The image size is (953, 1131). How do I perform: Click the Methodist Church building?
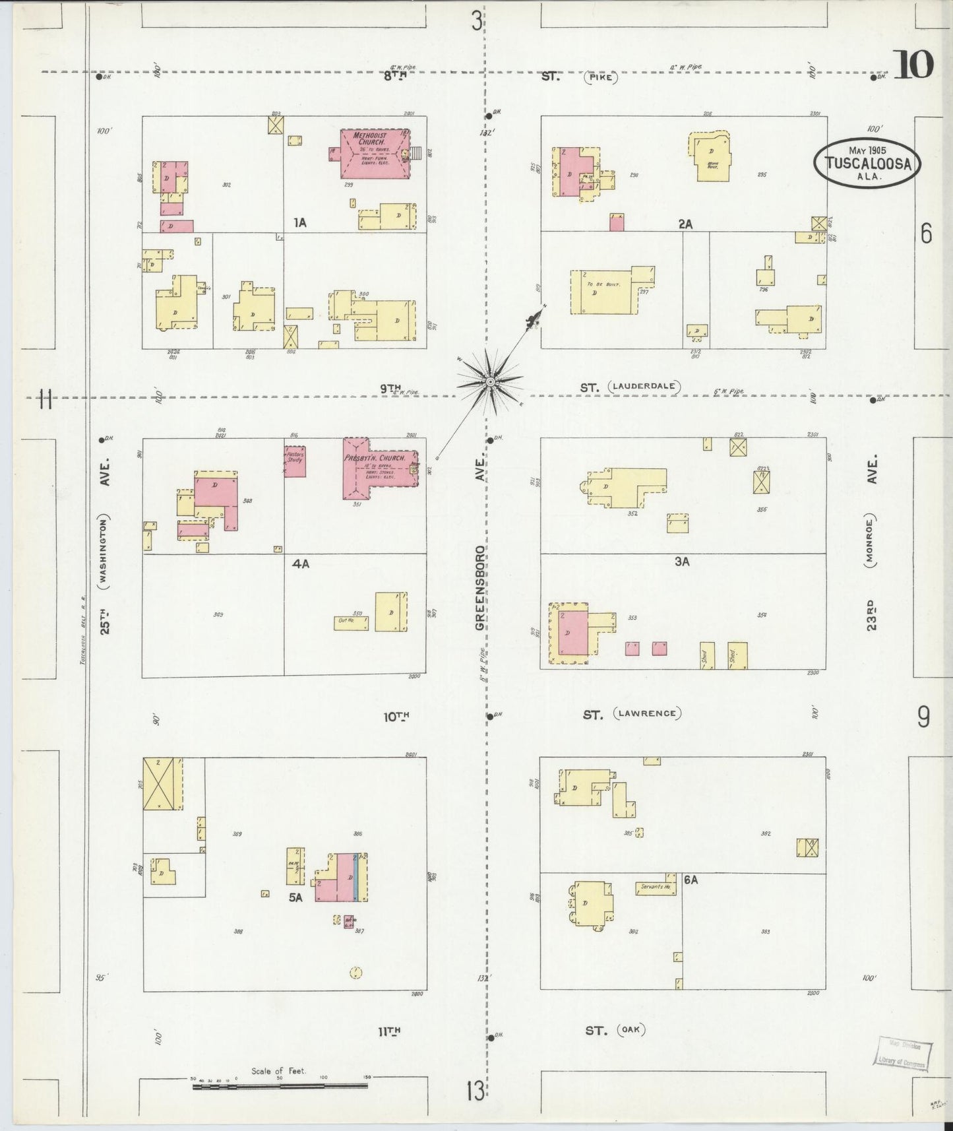coord(373,154)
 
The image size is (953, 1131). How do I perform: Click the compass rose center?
coord(490,382)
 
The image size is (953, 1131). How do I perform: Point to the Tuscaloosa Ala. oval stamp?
coord(867,163)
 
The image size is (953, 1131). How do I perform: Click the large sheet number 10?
coord(914,65)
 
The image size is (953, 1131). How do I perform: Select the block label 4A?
coord(301,564)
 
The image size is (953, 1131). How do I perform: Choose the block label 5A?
coord(295,897)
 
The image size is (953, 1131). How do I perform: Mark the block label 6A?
coord(691,880)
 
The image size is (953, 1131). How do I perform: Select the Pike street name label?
coord(600,77)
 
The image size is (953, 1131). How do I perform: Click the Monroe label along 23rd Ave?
coord(871,549)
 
